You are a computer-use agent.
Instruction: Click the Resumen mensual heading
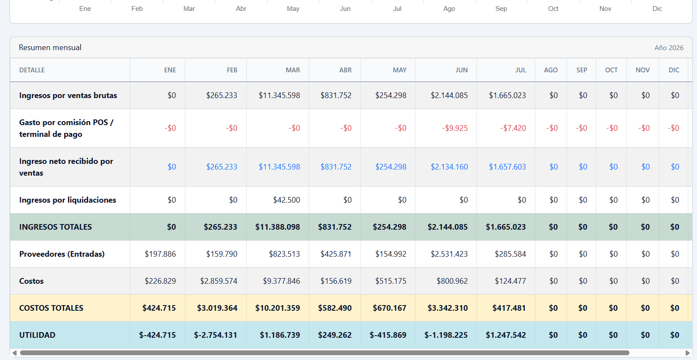[x=50, y=48]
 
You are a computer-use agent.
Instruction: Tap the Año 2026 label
[x=669, y=48]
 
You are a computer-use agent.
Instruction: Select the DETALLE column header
[x=32, y=70]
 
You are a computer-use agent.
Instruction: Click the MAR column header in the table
[x=293, y=70]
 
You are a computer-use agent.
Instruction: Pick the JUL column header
[x=520, y=70]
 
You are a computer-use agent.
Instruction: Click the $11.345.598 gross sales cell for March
[x=279, y=95]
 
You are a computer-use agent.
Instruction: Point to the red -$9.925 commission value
[x=455, y=128]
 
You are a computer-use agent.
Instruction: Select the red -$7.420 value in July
[x=513, y=128]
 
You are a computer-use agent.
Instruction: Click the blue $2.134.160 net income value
[x=449, y=167]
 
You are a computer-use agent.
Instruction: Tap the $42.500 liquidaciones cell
[x=286, y=200]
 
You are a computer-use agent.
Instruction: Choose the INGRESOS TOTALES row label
[x=55, y=227]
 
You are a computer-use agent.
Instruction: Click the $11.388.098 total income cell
[x=278, y=227]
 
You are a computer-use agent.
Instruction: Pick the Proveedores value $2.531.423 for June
[x=449, y=254]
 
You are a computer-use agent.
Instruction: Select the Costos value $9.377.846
[x=282, y=281]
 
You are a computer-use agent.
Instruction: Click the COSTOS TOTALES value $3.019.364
[x=217, y=308]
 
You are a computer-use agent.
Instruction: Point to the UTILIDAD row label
[x=37, y=335]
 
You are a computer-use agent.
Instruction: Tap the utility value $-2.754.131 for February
[x=216, y=335]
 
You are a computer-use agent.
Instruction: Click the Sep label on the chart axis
[x=501, y=9]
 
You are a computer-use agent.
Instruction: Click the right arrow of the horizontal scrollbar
[x=687, y=353]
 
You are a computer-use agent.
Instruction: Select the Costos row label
[x=31, y=281]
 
